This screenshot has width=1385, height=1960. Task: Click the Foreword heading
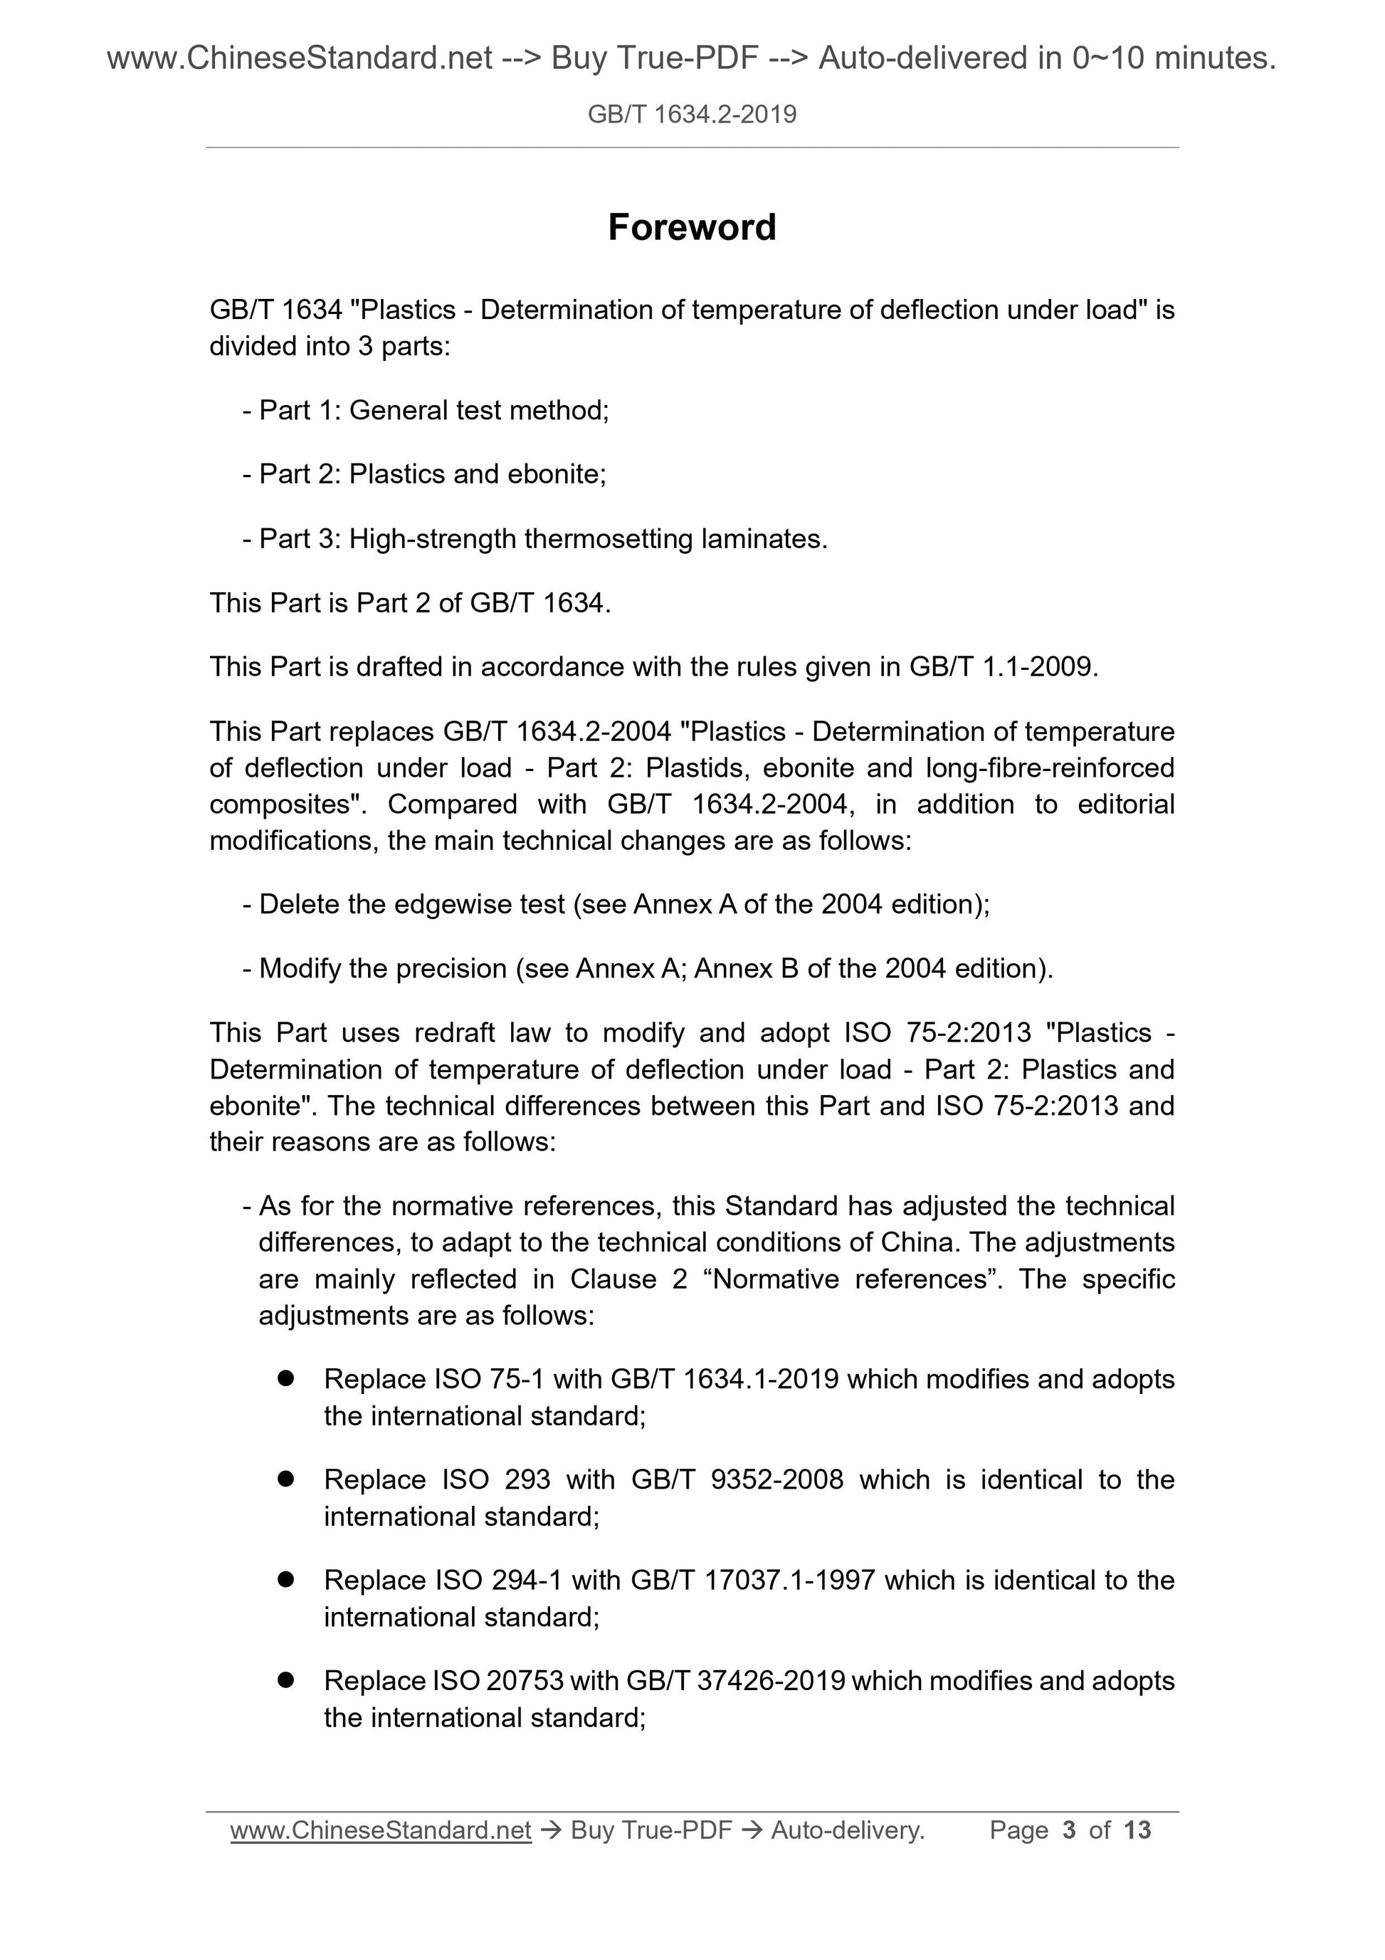click(x=691, y=228)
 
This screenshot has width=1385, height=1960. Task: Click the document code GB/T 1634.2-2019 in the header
click(x=691, y=115)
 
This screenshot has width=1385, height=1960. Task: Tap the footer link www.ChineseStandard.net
click(x=381, y=1830)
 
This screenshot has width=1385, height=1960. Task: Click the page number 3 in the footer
click(x=1069, y=1830)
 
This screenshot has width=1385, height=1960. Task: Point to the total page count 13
click(x=1137, y=1830)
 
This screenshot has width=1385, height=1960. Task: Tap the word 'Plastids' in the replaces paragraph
click(x=695, y=768)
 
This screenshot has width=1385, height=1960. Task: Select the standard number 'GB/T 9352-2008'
click(x=737, y=1479)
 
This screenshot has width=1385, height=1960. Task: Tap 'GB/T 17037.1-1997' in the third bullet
click(x=754, y=1580)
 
